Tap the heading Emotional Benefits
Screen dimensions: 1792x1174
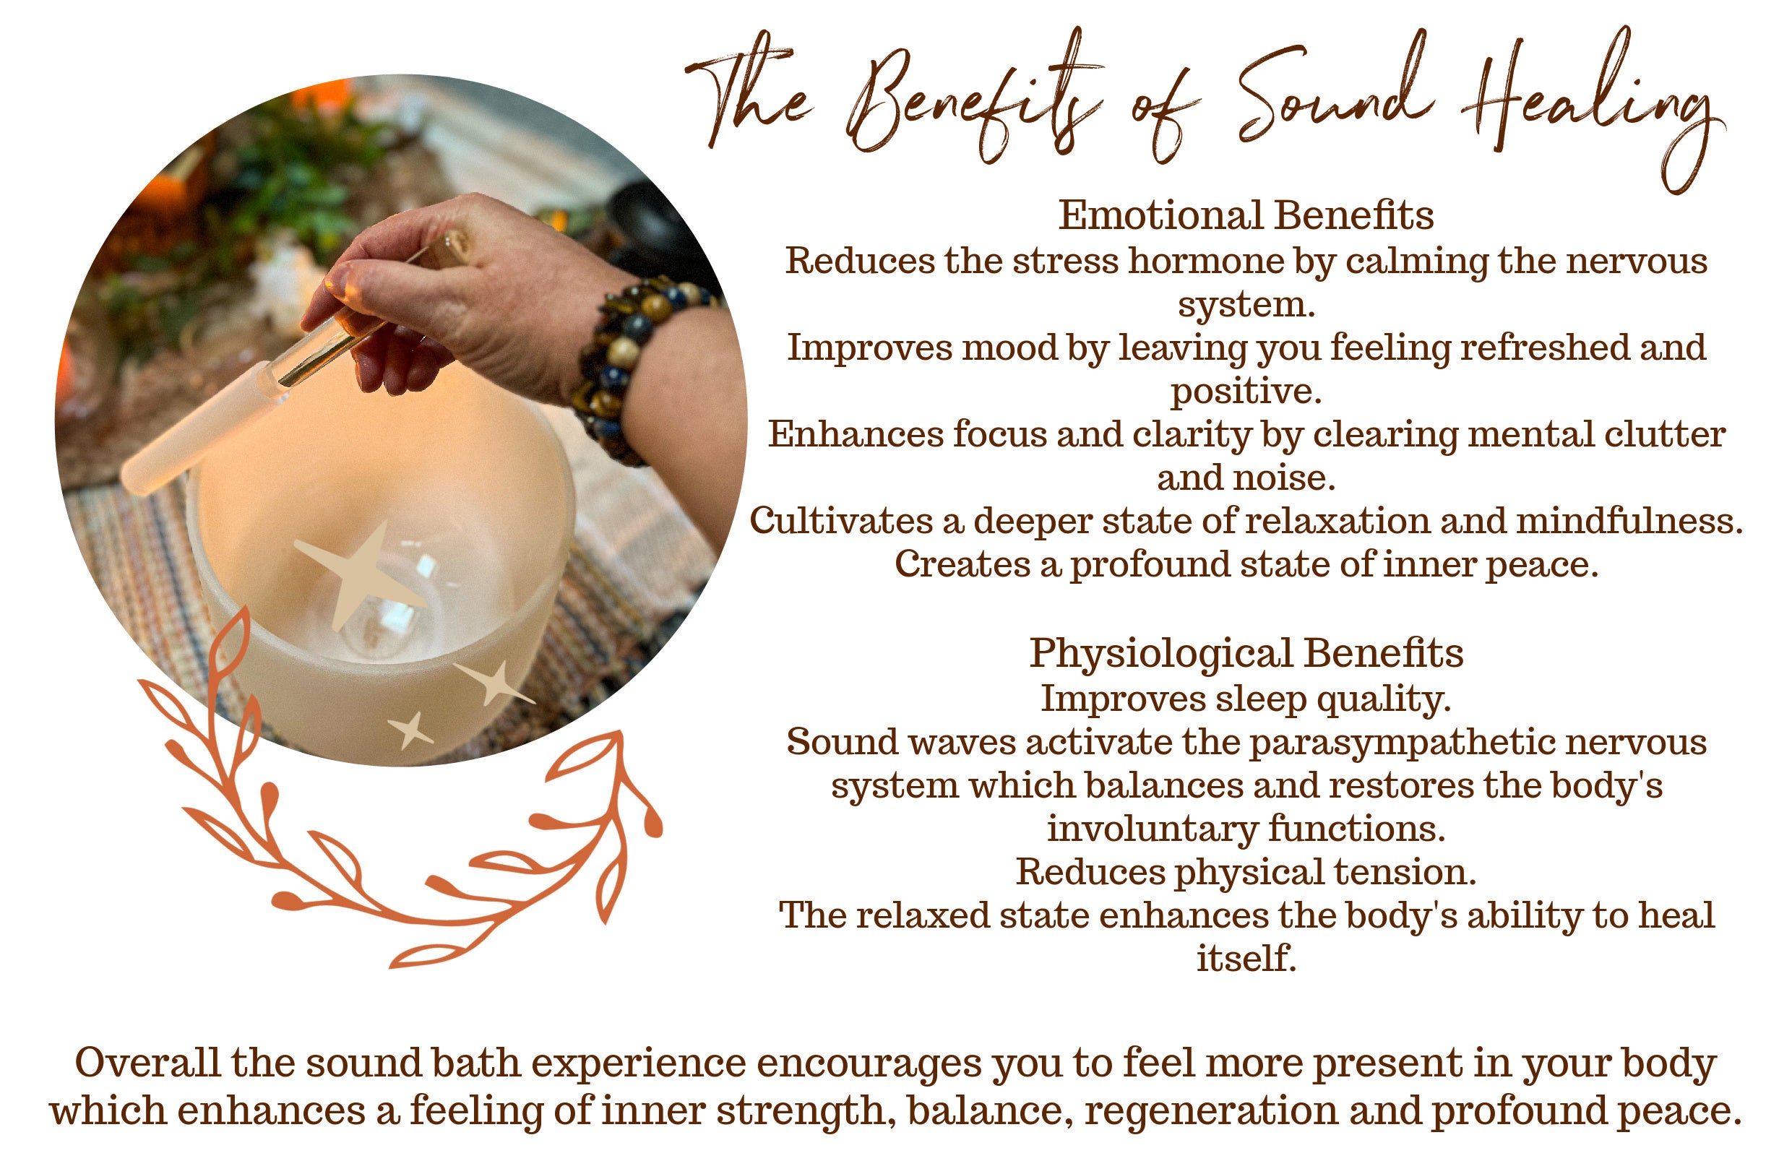[1246, 215]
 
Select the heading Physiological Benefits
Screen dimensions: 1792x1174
[1246, 653]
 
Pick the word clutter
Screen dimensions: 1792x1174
[1664, 434]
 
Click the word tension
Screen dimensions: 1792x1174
[1405, 872]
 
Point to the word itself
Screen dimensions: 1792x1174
[1246, 959]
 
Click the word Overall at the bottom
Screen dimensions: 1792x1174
[147, 1063]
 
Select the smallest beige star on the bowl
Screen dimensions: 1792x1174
[411, 729]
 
